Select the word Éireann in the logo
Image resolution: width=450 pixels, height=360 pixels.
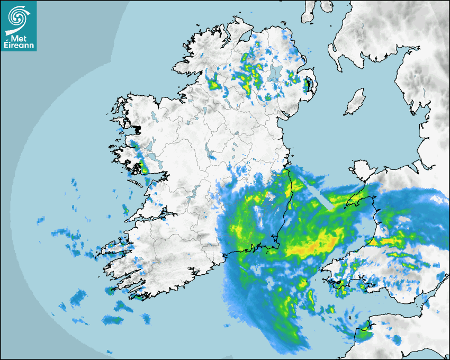(19, 46)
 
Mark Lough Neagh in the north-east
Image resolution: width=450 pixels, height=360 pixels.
(275, 73)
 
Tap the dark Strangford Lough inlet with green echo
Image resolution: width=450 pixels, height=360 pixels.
(309, 84)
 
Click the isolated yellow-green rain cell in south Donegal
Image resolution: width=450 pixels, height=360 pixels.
(213, 84)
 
